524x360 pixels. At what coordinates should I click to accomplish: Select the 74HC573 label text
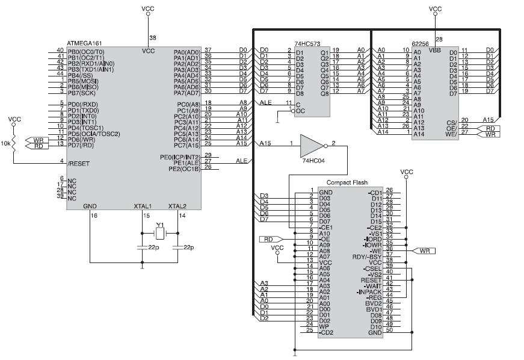(307, 44)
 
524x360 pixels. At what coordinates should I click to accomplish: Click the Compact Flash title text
(347, 182)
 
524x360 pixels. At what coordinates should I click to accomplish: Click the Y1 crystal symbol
(159, 233)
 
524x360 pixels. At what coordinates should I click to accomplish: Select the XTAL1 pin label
(143, 206)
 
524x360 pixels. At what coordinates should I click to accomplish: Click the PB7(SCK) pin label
(81, 93)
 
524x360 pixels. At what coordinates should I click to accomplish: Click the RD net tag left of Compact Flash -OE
(269, 239)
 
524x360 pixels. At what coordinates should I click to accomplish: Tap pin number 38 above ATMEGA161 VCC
(152, 38)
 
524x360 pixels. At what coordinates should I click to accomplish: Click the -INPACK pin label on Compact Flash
(369, 291)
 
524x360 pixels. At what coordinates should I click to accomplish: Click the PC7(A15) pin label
(186, 144)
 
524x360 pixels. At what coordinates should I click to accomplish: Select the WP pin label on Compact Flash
(325, 326)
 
